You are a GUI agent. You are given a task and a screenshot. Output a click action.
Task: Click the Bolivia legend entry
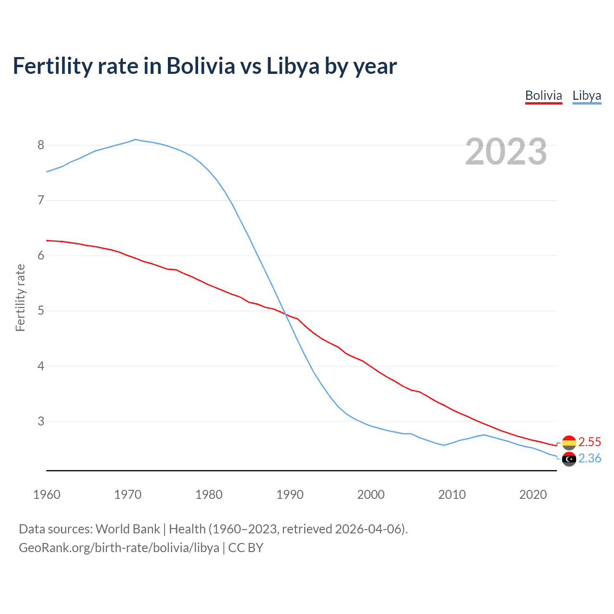pos(543,95)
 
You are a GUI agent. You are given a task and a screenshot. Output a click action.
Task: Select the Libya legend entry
pos(586,95)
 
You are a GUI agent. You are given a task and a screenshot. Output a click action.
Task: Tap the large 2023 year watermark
pos(506,152)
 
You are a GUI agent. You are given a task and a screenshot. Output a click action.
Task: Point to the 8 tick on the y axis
pos(41,145)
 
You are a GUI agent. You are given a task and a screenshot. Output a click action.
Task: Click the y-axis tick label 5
pos(41,311)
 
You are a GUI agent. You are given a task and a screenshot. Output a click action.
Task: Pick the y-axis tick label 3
pos(41,421)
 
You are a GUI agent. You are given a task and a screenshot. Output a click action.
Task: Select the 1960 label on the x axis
pos(47,495)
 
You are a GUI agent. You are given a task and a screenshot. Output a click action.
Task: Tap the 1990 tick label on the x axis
pos(290,495)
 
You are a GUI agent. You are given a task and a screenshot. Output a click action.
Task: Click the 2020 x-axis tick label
pos(532,495)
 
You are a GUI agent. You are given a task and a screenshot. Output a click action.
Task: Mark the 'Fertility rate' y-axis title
pos(20,297)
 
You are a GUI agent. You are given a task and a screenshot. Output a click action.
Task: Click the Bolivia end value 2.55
pos(590,442)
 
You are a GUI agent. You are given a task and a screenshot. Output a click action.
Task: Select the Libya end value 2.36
pos(590,459)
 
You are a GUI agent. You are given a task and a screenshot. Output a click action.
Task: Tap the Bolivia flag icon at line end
pos(569,442)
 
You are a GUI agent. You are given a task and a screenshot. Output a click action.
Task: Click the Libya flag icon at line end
pos(569,459)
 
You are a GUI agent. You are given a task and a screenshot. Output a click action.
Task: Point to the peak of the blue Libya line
pos(135,140)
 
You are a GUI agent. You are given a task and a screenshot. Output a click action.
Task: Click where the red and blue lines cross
pos(286,315)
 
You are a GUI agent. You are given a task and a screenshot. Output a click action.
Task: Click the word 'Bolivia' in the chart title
pos(201,66)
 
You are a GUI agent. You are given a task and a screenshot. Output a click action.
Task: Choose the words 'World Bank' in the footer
pos(128,529)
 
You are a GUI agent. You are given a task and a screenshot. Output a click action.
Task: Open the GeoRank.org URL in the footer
pos(119,548)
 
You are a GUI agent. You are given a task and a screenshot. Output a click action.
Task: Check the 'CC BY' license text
pos(246,548)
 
